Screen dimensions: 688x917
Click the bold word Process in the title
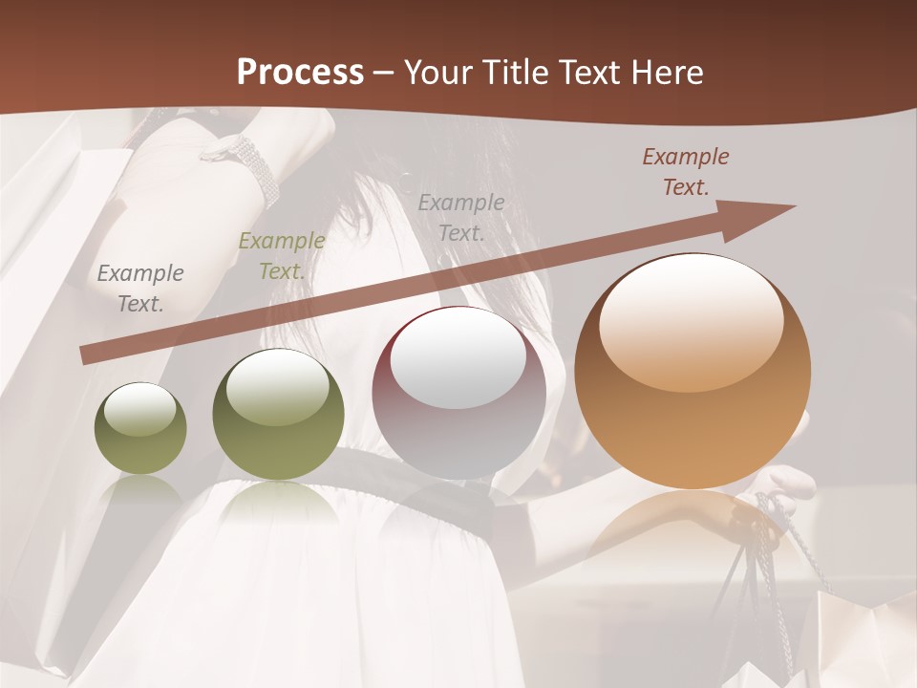pos(300,73)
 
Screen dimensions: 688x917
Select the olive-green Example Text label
pos(281,256)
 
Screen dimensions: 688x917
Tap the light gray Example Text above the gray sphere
pos(461,217)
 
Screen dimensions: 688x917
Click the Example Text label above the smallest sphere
pos(140,288)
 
